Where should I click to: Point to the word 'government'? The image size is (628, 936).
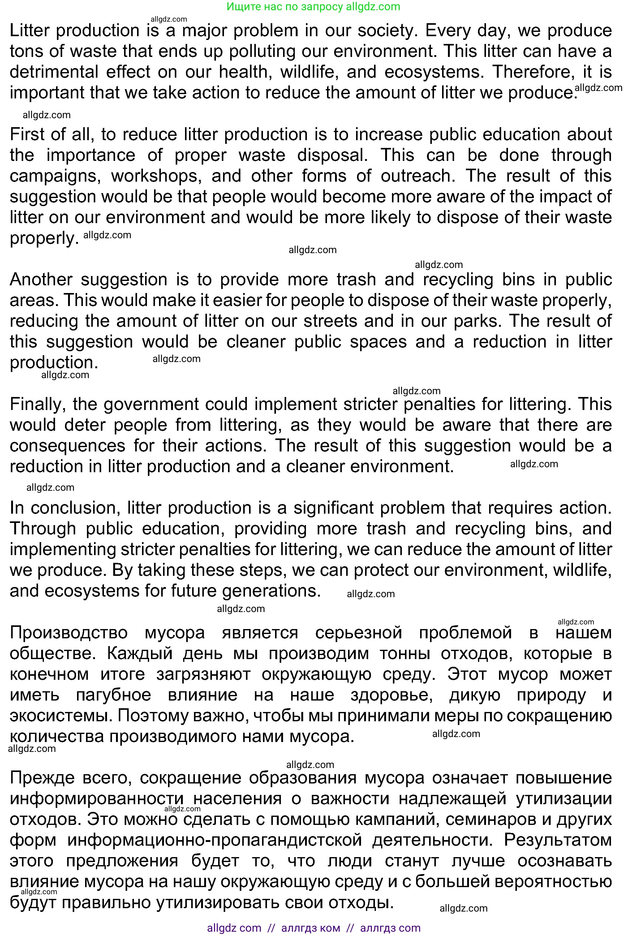(150, 404)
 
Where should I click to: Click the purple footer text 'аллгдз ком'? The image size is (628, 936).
(311, 928)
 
